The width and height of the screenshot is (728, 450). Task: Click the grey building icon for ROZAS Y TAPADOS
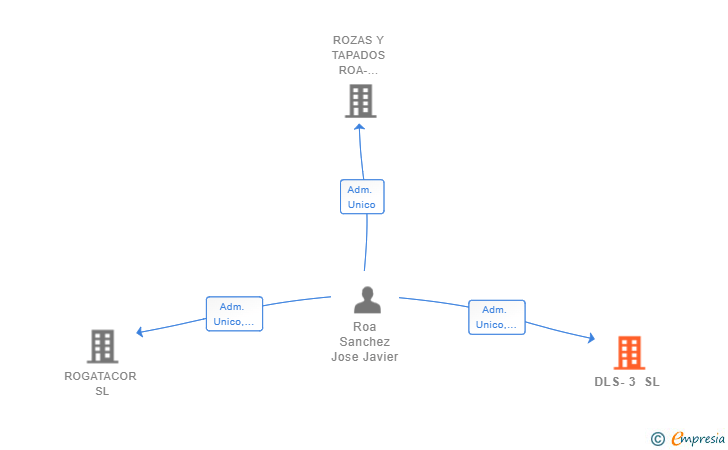[x=360, y=100]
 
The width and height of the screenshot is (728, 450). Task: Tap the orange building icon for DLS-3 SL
[x=628, y=353]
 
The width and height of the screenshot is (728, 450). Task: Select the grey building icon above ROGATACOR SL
[x=102, y=346]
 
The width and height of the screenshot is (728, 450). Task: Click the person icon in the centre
[x=367, y=300]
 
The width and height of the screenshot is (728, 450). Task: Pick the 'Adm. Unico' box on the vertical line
[x=361, y=197]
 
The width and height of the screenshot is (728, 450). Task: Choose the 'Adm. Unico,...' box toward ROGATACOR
[x=234, y=314]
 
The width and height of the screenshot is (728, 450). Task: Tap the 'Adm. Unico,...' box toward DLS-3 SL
[x=496, y=317]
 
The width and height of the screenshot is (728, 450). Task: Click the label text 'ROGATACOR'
[x=100, y=376]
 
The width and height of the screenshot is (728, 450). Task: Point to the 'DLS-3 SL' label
[x=627, y=382]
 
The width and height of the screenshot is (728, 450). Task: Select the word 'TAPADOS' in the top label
[x=360, y=55]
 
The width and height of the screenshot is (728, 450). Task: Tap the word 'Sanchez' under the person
[x=364, y=342]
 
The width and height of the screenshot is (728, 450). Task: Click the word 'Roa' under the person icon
[x=364, y=327]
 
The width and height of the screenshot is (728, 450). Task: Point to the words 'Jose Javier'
[x=364, y=357]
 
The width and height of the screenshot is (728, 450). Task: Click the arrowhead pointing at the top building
[x=360, y=123]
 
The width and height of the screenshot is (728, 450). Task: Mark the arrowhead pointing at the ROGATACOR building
[x=140, y=332]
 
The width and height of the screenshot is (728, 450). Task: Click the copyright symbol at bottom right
[x=657, y=438]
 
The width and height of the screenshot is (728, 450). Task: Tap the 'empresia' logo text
[x=698, y=438]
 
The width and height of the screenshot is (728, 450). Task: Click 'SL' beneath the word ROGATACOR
[x=102, y=391]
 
